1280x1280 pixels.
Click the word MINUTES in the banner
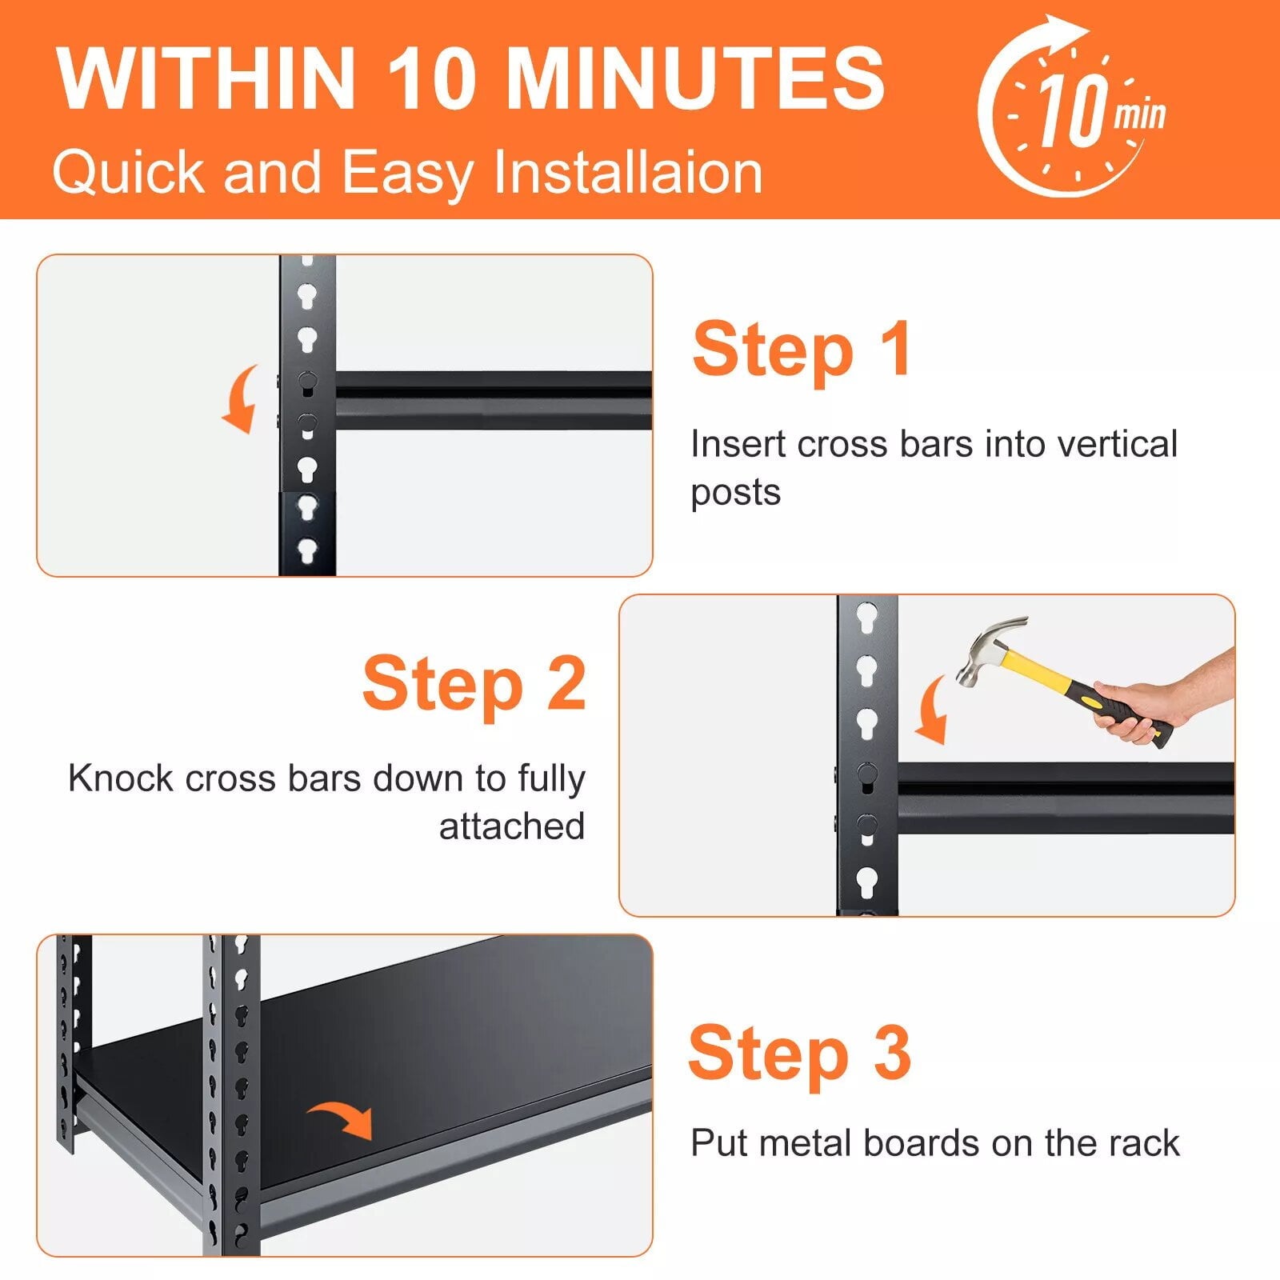click(x=695, y=78)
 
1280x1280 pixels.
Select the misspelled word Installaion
click(x=628, y=172)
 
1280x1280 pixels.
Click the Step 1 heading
click(x=802, y=350)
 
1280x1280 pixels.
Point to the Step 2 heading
click(x=474, y=685)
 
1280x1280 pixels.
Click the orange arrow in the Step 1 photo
click(x=241, y=398)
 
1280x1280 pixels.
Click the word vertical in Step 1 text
click(x=1118, y=444)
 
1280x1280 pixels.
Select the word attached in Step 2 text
click(x=512, y=826)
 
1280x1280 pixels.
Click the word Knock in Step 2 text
click(x=120, y=778)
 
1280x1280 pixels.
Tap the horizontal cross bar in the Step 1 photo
click(x=493, y=400)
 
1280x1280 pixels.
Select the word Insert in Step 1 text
click(x=737, y=444)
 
